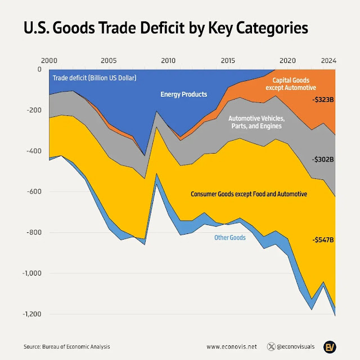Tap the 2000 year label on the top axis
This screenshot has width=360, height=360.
[x=49, y=60]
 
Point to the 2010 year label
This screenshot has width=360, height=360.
[x=168, y=60]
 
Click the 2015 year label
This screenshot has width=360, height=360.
[x=228, y=60]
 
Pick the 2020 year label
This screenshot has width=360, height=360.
[x=287, y=60]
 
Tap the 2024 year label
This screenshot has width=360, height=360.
[x=329, y=60]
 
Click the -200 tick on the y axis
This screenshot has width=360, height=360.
[x=34, y=110]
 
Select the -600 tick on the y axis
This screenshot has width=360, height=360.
[x=34, y=192]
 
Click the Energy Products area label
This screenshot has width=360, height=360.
[x=184, y=94]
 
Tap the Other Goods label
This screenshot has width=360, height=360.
[x=229, y=238]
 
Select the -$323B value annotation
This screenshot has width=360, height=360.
[x=323, y=98]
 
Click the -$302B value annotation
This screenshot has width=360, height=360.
[x=323, y=159]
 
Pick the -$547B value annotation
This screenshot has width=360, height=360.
[x=323, y=240]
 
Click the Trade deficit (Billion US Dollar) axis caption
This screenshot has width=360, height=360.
[x=94, y=77]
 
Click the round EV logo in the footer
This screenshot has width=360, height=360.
[x=330, y=346]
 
